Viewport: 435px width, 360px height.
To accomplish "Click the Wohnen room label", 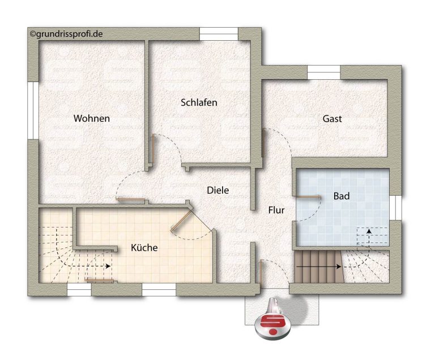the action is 92,118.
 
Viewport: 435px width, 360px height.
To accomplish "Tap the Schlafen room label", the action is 199,102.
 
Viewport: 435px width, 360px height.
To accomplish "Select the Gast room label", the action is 332,119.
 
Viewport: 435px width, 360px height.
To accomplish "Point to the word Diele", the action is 217,190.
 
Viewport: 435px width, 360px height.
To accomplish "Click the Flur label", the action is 276,210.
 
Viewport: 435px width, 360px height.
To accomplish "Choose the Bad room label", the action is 341,196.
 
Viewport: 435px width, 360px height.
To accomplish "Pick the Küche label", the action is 144,247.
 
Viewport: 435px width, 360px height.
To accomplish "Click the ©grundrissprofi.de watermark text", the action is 66,34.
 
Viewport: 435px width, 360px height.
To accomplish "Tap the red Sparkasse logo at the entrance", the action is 273,323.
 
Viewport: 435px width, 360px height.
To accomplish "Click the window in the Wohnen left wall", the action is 33,110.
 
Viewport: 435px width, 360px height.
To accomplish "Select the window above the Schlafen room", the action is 219,34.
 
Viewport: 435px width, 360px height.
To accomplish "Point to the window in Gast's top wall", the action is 324,72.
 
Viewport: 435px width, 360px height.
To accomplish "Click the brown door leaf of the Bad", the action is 309,197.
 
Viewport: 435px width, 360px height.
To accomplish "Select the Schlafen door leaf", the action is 152,148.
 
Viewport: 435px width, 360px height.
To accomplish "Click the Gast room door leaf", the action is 263,143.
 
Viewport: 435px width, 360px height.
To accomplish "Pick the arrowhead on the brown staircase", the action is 339,267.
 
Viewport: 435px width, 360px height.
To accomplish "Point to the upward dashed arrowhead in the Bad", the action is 369,231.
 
